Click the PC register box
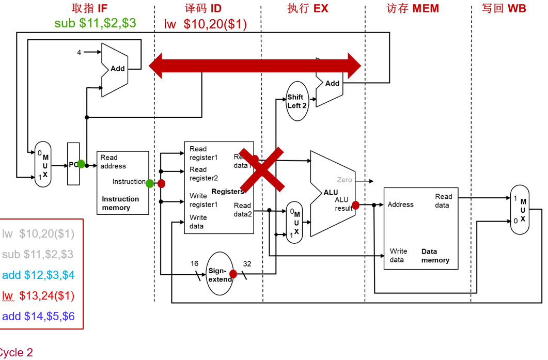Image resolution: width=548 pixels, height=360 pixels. pos(73,165)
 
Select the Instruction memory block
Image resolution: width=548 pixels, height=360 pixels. pos(122,183)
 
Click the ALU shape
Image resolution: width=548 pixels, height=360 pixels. pos(331,194)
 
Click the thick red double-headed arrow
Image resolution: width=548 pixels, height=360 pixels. pos(255,66)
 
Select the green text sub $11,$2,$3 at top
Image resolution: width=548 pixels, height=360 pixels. pos(96,23)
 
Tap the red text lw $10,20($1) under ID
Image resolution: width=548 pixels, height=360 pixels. pos(206,24)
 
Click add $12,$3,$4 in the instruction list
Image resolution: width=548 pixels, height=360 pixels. pos(38,275)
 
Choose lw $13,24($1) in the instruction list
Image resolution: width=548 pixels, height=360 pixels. pos(38,295)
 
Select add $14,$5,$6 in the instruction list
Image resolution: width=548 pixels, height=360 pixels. pos(38,316)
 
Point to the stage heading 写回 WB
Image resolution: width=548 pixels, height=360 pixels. pos(504,9)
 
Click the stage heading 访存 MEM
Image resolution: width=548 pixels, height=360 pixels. pos(412,9)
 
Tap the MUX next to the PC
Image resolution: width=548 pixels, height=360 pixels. pos(43,165)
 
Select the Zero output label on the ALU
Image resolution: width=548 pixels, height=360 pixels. pos(345,180)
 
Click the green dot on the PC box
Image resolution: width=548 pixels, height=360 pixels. pos(81,164)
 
